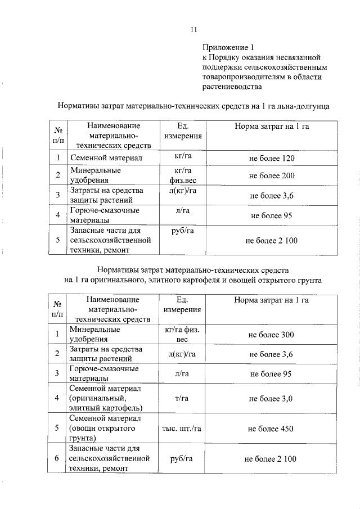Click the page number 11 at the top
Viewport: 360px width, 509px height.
click(x=193, y=30)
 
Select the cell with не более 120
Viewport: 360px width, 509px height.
click(x=272, y=159)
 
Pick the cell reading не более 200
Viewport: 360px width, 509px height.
click(x=272, y=176)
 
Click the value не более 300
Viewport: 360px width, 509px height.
click(x=271, y=335)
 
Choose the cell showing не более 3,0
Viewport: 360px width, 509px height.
click(x=271, y=398)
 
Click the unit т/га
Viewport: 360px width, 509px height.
click(x=182, y=398)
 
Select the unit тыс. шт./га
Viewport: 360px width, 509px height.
click(x=182, y=429)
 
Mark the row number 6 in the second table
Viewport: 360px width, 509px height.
click(x=57, y=459)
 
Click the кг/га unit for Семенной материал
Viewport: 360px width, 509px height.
click(x=183, y=158)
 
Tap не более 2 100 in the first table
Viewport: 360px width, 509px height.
click(x=271, y=241)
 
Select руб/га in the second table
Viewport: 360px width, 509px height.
click(x=182, y=459)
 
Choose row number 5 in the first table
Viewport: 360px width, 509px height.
click(x=57, y=241)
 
